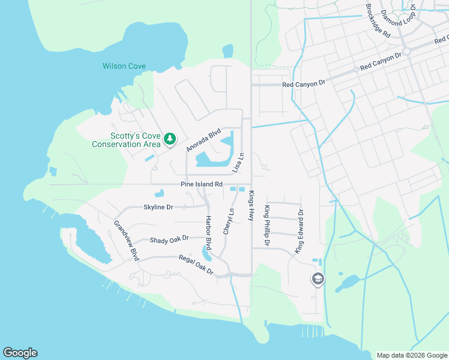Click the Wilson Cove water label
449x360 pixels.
pos(124,66)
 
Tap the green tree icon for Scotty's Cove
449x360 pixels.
pos(170,139)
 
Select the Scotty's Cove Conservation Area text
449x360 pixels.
pos(126,140)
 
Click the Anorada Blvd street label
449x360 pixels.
pos(204,140)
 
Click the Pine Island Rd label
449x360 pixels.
pos(202,184)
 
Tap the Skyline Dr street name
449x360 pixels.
pos(158,207)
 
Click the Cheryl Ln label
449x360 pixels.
pos(228,221)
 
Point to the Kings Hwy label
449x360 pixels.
pos(252,206)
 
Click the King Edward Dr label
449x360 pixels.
pos(299,231)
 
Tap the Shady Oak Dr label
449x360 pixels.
pos(169,239)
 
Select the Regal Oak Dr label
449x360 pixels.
pos(196,265)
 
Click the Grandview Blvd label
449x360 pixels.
pos(127,241)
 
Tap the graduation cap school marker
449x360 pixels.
pos(318,279)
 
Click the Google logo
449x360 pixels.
pos(20,353)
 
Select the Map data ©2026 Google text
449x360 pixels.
pos(412,355)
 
